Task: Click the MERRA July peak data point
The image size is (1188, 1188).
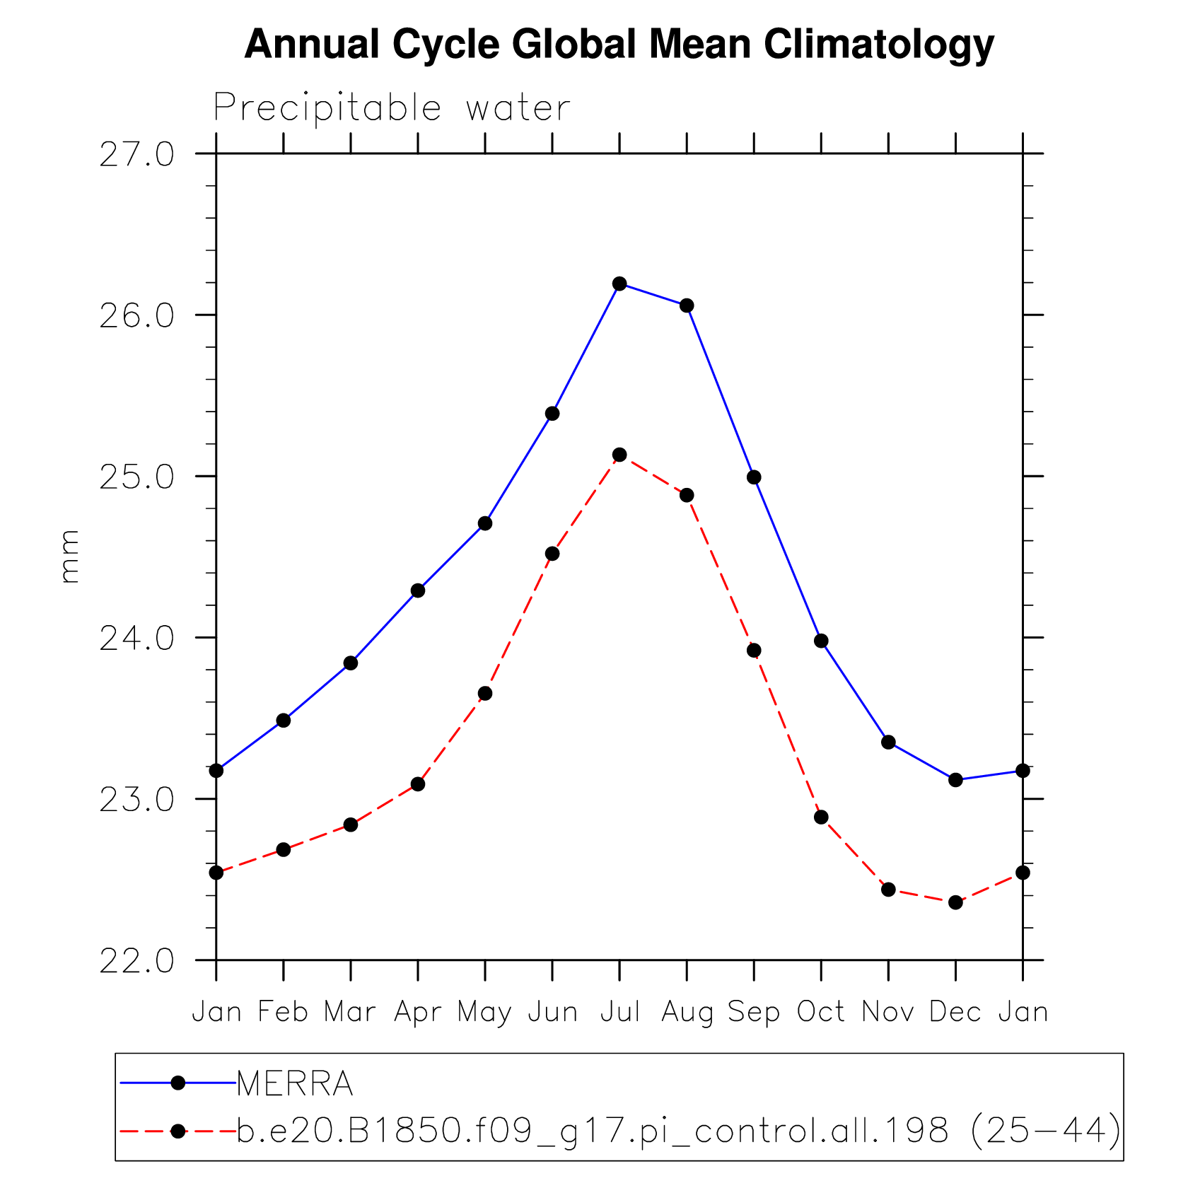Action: [619, 284]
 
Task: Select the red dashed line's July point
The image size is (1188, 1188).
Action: [619, 455]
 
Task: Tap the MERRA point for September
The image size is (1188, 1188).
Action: [754, 477]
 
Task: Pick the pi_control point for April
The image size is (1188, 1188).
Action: [418, 784]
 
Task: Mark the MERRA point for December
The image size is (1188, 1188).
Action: [955, 780]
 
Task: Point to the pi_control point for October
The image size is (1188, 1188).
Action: [821, 817]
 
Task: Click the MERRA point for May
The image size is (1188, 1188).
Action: [485, 523]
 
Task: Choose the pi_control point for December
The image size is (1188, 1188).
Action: [955, 902]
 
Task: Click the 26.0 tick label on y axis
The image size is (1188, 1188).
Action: [136, 315]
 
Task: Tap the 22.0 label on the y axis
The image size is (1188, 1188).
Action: [136, 961]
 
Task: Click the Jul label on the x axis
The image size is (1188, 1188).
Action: [620, 1012]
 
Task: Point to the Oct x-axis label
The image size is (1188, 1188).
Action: [821, 1012]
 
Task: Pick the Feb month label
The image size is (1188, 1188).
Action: [283, 1012]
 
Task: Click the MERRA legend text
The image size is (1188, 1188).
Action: [295, 1084]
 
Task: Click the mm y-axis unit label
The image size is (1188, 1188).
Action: [69, 557]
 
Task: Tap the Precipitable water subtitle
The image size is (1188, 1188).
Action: [392, 108]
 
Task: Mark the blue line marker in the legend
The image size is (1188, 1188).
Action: [178, 1083]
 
